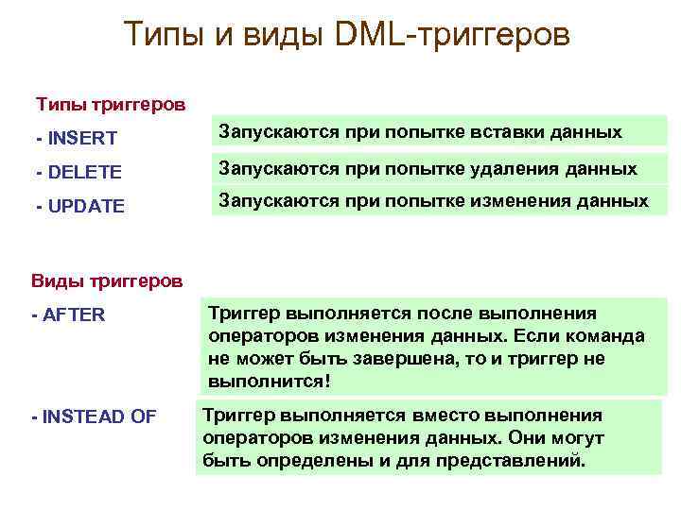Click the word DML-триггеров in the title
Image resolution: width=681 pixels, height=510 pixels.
(x=453, y=35)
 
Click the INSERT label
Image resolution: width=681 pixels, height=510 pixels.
(x=77, y=139)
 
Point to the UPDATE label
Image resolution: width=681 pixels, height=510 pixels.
(x=80, y=205)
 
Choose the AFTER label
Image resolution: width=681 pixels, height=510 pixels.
(x=69, y=315)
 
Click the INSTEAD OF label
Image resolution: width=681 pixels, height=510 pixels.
(x=94, y=416)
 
